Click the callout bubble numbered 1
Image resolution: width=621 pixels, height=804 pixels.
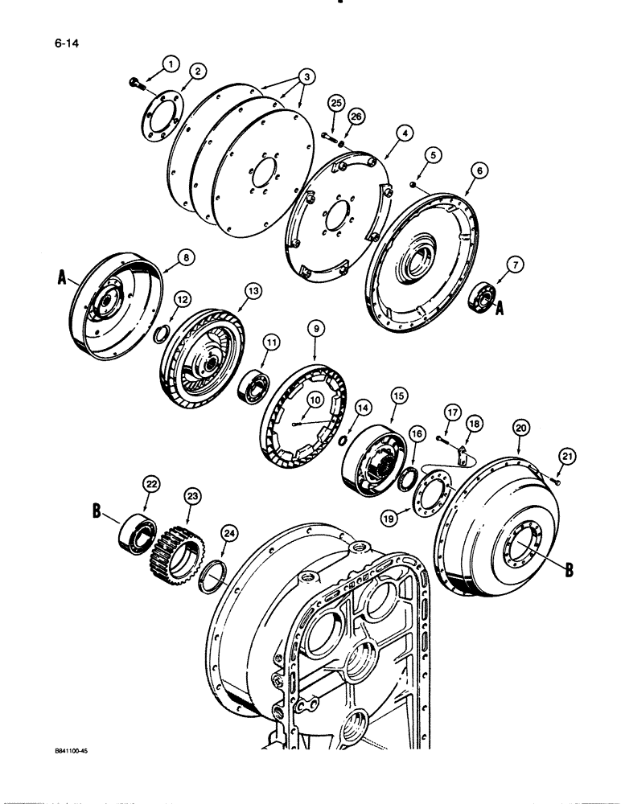[170, 62]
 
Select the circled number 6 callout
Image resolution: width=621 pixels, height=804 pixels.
[480, 171]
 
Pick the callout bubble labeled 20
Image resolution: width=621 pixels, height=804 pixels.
[520, 429]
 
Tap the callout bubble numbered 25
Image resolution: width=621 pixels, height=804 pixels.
[336, 104]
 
